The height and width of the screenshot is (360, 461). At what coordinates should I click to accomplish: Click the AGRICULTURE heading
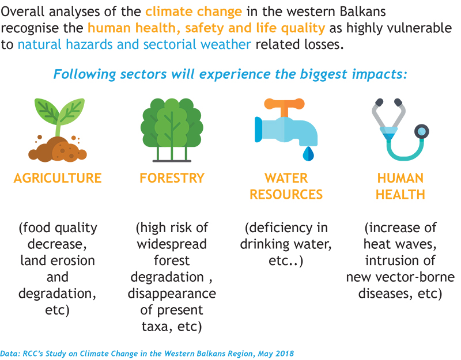click(58, 178)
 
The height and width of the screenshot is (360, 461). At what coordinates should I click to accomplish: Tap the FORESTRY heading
click(172, 178)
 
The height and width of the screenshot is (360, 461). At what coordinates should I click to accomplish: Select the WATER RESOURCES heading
click(286, 186)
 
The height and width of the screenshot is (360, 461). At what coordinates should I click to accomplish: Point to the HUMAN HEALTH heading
click(400, 186)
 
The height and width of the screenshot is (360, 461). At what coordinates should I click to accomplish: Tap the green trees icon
click(172, 130)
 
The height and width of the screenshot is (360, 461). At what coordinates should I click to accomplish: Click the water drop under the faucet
click(308, 154)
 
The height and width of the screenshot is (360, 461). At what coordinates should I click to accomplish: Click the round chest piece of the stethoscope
click(422, 132)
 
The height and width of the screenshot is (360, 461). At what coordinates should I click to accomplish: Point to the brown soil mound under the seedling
click(58, 150)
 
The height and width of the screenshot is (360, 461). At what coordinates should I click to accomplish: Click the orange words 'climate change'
click(194, 12)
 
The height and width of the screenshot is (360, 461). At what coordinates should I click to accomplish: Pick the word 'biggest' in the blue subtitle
click(323, 75)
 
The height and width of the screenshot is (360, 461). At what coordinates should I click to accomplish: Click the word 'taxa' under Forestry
click(153, 326)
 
